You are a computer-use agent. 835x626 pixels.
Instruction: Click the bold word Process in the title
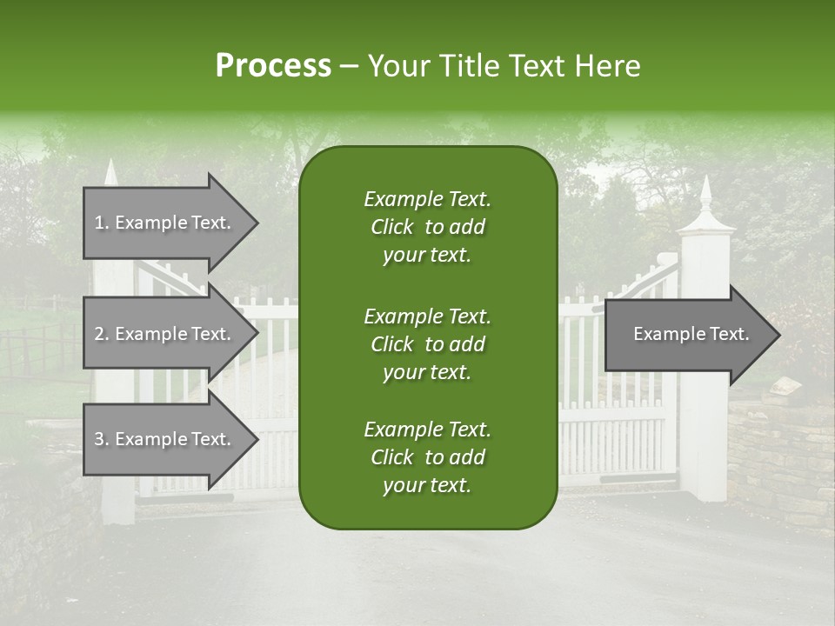point(273,65)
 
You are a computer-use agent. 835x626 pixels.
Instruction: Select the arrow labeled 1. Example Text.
point(164,223)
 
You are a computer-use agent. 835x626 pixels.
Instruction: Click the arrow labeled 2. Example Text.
point(164,334)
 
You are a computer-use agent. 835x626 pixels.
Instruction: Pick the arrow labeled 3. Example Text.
point(164,439)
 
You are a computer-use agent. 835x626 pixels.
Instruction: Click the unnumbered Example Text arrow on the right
point(691,334)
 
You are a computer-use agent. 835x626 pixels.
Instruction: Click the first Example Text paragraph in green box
point(427,227)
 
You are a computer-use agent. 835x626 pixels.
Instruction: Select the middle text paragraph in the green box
point(427,344)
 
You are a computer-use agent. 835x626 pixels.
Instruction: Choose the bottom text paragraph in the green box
point(427,457)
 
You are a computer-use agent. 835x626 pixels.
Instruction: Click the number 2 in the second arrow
point(99,334)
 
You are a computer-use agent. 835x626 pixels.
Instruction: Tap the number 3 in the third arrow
point(99,439)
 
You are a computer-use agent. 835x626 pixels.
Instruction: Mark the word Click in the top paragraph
point(391,227)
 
